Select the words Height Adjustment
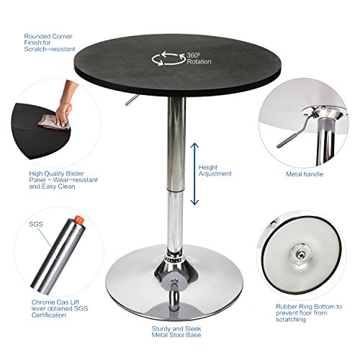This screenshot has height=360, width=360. [x=215, y=170]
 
